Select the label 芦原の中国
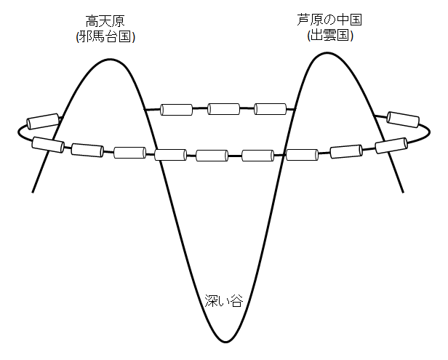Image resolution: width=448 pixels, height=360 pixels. (x=329, y=20)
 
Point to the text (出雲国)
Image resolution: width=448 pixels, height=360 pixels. (x=329, y=34)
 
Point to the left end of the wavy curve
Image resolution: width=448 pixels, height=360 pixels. (x=33, y=191)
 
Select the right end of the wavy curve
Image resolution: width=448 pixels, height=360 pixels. (x=403, y=191)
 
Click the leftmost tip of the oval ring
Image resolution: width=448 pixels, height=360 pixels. (x=17, y=132)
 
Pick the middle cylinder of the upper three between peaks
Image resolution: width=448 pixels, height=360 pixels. (x=223, y=109)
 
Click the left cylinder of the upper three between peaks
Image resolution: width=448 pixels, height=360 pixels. (x=176, y=110)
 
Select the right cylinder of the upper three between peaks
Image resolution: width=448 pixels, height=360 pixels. (x=271, y=109)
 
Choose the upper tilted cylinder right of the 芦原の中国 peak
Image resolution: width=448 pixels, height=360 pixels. (x=404, y=119)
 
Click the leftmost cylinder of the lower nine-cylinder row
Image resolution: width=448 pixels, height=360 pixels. (x=49, y=144)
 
